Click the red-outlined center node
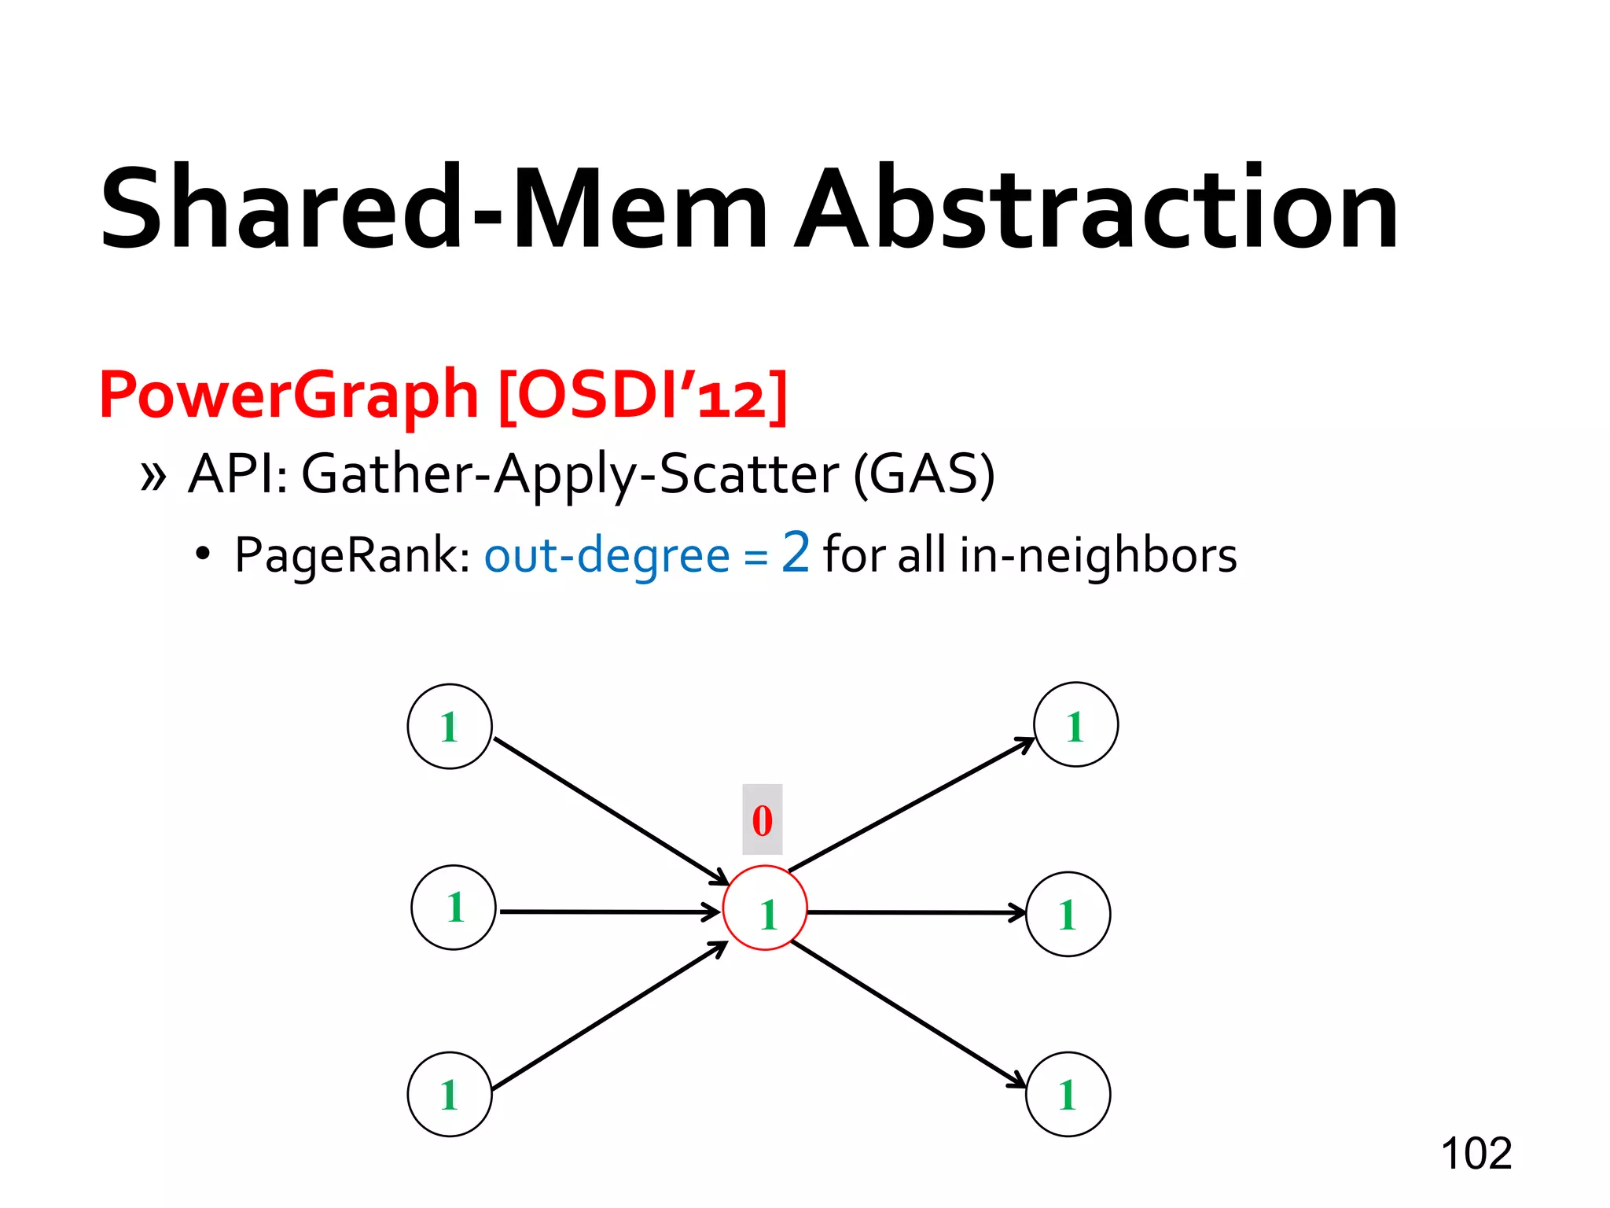click(x=765, y=908)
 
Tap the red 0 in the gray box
click(x=762, y=819)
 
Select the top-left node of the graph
click(x=450, y=726)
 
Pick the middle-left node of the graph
click(x=454, y=908)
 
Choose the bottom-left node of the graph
click(x=450, y=1094)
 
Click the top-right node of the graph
click(x=1075, y=724)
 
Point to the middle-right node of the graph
click(x=1068, y=914)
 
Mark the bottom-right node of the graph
click(x=1068, y=1094)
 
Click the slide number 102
click(x=1476, y=1154)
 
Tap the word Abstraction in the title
click(x=1096, y=208)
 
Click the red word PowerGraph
click(x=289, y=396)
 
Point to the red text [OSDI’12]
click(x=642, y=396)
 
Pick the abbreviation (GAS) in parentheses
click(x=924, y=474)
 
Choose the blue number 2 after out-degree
click(x=795, y=552)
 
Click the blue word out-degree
click(x=606, y=556)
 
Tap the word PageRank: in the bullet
click(x=352, y=556)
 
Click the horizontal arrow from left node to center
click(x=609, y=912)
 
